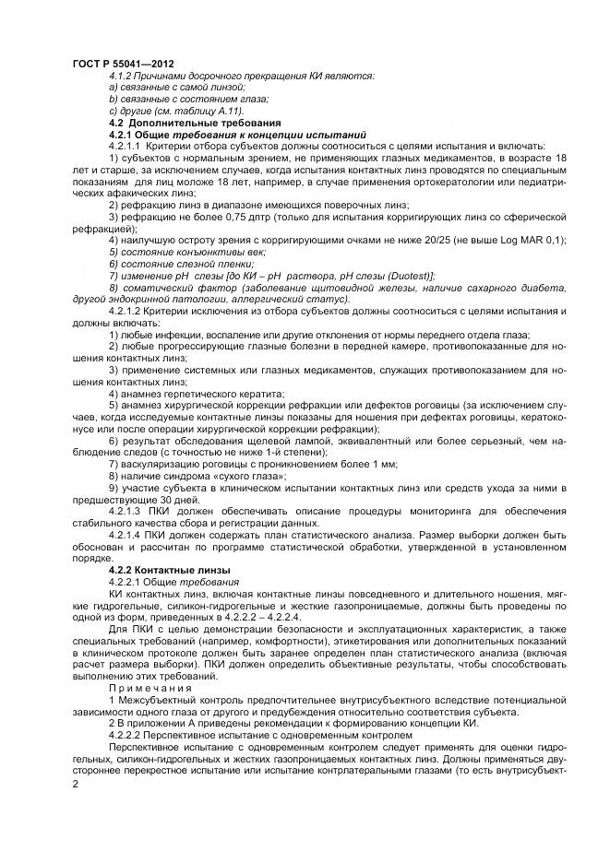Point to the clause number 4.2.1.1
[125, 147]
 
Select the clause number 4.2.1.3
[125, 512]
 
